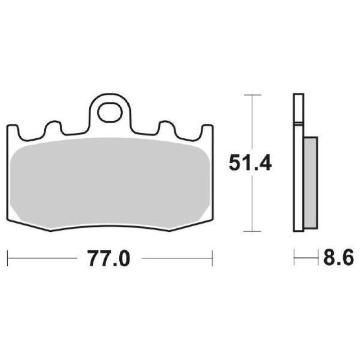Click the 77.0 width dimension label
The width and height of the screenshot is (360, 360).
tap(108, 259)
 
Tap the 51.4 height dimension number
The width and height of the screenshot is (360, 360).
tap(250, 163)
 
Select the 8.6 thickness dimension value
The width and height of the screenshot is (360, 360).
tap(337, 259)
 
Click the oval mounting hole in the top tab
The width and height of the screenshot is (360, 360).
tap(110, 112)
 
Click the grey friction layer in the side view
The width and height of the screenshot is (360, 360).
tap(311, 182)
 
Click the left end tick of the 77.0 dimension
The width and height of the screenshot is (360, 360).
tap(8, 259)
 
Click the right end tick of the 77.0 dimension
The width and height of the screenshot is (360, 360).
tap(212, 259)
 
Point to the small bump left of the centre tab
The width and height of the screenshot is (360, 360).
tap(53, 127)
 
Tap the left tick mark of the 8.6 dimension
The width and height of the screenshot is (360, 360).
tap(294, 259)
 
